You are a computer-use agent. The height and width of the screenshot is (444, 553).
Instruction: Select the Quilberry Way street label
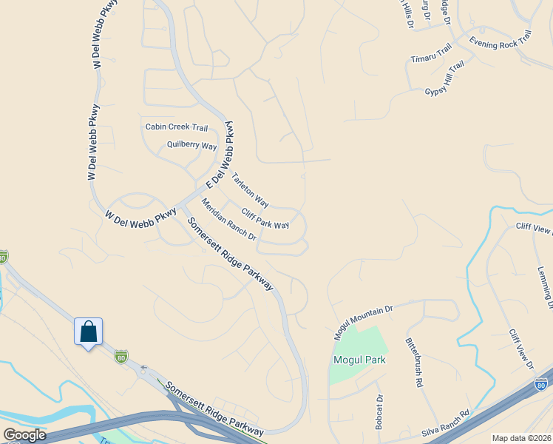pyautogui.click(x=191, y=145)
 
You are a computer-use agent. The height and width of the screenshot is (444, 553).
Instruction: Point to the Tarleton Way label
pyautogui.click(x=250, y=189)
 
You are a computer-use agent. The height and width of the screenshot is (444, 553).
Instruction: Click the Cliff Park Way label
pyautogui.click(x=265, y=218)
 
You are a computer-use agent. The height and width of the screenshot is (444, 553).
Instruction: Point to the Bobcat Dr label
pyautogui.click(x=379, y=414)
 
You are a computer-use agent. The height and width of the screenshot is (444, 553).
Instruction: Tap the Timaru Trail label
pyautogui.click(x=431, y=53)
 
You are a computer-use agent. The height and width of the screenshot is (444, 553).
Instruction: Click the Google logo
pyautogui.click(x=24, y=435)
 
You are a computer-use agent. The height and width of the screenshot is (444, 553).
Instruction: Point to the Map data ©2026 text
pyautogui.click(x=521, y=438)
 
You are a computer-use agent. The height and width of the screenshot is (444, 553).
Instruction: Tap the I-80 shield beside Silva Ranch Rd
pyautogui.click(x=542, y=385)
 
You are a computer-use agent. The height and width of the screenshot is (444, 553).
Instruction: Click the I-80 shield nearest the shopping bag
pyautogui.click(x=121, y=357)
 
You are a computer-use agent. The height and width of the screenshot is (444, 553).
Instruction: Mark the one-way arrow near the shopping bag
pyautogui.click(x=144, y=367)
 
